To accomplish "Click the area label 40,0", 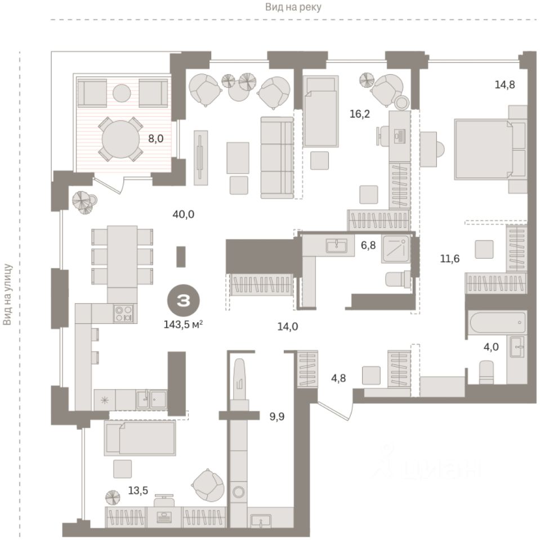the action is pyautogui.click(x=185, y=214).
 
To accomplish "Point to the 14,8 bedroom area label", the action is pyautogui.click(x=505, y=85).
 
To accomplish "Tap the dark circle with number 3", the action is pyautogui.click(x=184, y=300).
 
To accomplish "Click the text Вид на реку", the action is pyautogui.click(x=293, y=7).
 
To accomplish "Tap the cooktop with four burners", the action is pyautogui.click(x=123, y=313).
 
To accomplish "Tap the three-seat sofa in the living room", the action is pyautogui.click(x=277, y=156).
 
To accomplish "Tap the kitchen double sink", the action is pyautogui.click(x=151, y=399).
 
